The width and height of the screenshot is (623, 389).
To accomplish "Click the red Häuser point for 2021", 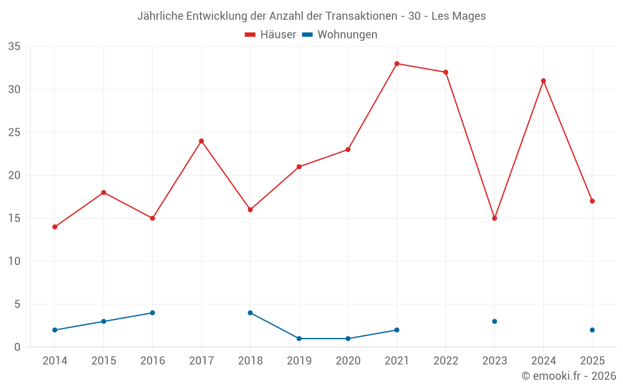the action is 396,63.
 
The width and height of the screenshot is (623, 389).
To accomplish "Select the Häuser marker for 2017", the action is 201,141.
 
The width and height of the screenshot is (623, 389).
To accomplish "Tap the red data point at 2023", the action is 494,218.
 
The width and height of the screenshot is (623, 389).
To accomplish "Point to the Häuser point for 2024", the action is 543,81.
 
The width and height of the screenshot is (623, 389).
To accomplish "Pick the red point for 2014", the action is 55,227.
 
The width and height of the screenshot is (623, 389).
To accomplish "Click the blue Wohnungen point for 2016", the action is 153,313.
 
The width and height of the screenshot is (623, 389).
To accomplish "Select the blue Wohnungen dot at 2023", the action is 494,322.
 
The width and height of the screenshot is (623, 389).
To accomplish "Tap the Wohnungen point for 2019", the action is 299,339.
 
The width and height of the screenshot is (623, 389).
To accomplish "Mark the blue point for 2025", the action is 592,330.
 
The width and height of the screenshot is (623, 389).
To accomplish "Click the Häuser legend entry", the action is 270,34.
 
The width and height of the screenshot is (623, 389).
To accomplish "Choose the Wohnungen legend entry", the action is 340,34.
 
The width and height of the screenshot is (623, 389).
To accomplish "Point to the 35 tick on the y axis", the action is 14,47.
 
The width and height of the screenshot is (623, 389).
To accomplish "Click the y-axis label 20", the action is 14,175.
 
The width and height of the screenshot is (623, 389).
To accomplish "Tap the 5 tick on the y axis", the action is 17,304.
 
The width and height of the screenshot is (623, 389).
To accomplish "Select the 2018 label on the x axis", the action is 250,360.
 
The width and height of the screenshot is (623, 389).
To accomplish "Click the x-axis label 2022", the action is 446,360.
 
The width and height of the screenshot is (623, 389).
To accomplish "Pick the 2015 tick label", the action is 103,360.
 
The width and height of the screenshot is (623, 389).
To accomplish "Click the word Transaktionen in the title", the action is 361,16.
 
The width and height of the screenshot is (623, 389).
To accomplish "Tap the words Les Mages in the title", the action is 459,16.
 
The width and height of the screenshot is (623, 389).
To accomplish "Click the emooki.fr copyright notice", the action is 569,375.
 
